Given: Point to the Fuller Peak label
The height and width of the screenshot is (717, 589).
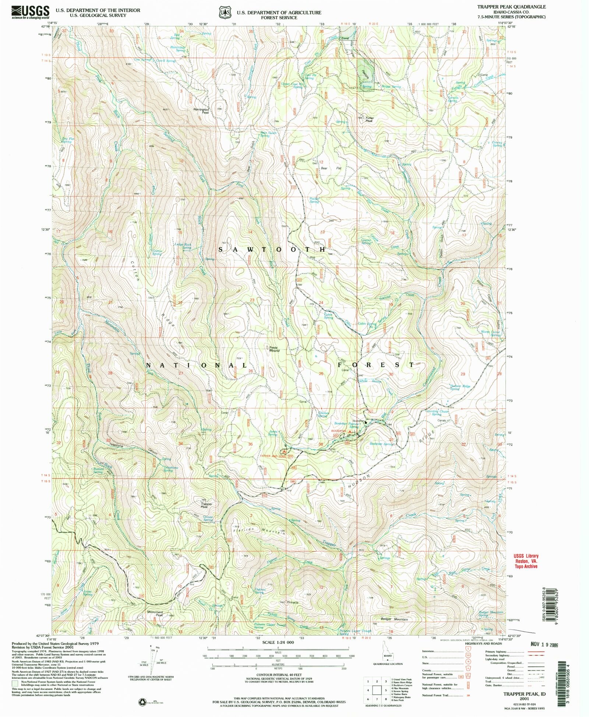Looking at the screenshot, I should click(x=369, y=119).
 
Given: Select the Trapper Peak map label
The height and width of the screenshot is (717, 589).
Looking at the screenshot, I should click(x=207, y=505).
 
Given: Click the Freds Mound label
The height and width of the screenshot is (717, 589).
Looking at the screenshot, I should click(x=274, y=349).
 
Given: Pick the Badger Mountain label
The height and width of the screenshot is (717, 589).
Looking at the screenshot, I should click(x=396, y=619).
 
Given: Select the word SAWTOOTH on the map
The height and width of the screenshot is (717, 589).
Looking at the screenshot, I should click(x=272, y=249).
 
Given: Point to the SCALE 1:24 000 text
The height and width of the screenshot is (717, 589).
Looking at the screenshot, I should click(x=278, y=642).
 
